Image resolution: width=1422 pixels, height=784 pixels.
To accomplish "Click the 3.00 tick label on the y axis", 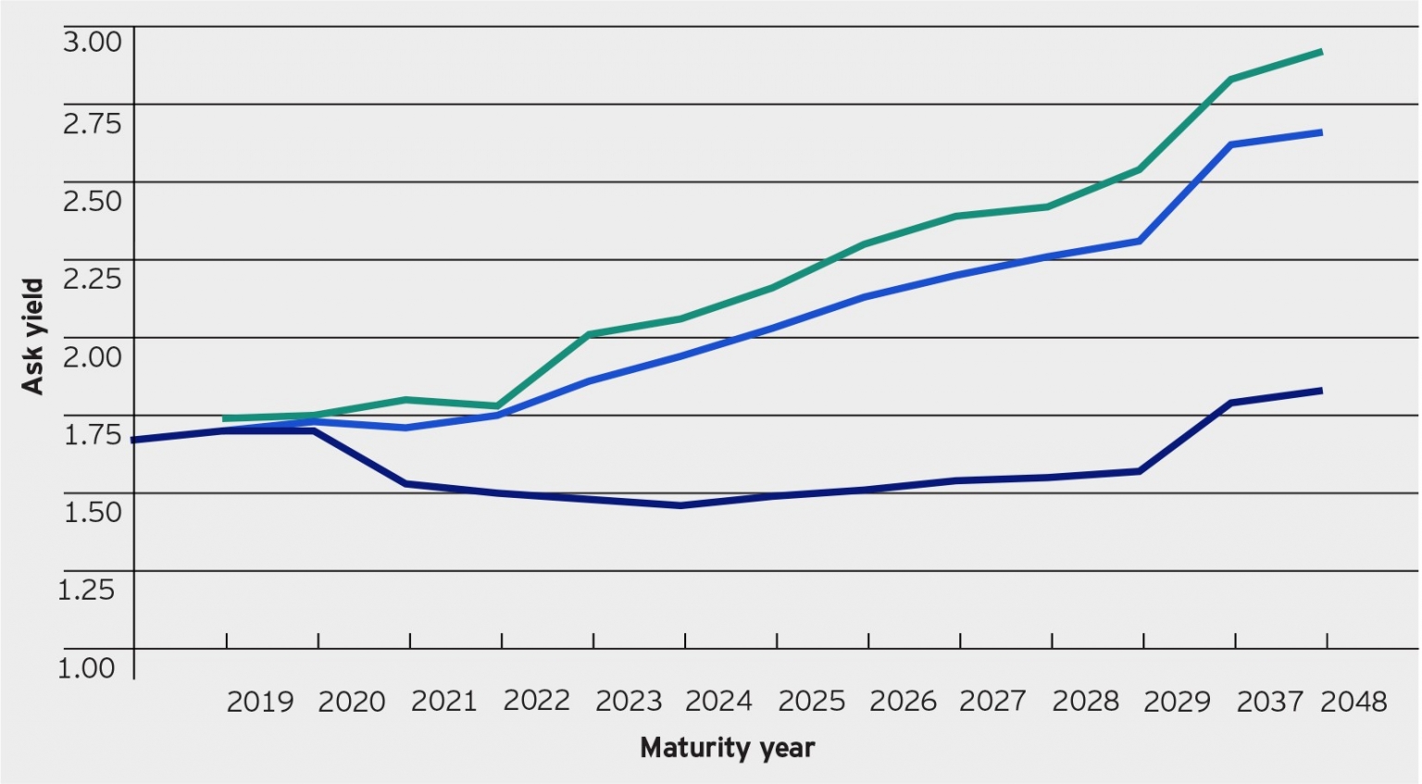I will pos(92,42).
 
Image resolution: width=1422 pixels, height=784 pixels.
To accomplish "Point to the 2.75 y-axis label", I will pos(92,122).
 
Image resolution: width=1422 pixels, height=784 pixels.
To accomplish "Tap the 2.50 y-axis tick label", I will pos(92,200).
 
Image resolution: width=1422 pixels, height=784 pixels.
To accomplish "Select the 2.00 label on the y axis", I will pos(92,356).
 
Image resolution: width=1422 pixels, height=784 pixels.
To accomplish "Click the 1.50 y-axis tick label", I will pos(92,511).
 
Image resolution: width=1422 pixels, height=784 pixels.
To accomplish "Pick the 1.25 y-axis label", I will pos(86,590).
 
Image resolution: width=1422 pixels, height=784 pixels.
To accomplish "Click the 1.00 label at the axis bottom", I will pos(86,667).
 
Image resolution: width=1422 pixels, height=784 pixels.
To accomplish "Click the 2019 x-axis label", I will pos(259,702).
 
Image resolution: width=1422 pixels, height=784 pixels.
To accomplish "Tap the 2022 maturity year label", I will pos(536,701).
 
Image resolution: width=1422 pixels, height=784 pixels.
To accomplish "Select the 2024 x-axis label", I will pos(718,702).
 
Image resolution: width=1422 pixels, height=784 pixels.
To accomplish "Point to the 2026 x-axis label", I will pos(903,702).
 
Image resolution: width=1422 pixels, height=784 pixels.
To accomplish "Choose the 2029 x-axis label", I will pos(1177,702).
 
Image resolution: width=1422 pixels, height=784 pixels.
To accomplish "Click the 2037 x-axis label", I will pos(1269,702).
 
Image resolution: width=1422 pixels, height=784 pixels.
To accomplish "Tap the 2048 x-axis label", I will pos(1353,702).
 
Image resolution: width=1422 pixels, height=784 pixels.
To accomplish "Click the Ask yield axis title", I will pos(33,337).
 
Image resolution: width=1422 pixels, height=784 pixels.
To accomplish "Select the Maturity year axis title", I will pos(727,748).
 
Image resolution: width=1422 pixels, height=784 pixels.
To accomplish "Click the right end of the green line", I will pos(1321,52).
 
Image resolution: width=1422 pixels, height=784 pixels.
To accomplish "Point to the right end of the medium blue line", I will pos(1321,132).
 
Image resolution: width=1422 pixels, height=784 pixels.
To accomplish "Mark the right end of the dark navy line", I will pos(1321,391).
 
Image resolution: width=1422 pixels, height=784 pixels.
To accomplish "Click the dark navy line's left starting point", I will pos(134,441).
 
